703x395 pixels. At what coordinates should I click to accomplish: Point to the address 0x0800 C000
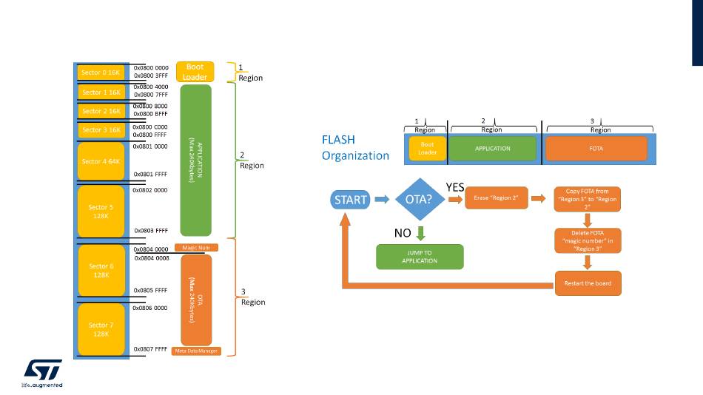pyautogui.click(x=151, y=127)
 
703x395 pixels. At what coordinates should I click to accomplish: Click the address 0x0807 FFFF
pyautogui.click(x=151, y=349)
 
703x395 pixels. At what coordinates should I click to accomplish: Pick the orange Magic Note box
pyautogui.click(x=196, y=248)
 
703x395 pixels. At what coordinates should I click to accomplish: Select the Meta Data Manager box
pyautogui.click(x=195, y=351)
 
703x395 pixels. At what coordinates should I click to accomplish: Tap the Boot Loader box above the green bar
pyautogui.click(x=195, y=72)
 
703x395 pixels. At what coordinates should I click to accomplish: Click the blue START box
pyautogui.click(x=349, y=199)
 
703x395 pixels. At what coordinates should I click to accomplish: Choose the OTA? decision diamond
pyautogui.click(x=419, y=199)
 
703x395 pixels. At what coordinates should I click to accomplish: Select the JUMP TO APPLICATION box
pyautogui.click(x=420, y=257)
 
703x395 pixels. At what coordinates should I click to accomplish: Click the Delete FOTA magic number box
pyautogui.click(x=587, y=240)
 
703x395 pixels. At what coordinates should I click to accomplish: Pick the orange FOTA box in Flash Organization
pyautogui.click(x=596, y=149)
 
